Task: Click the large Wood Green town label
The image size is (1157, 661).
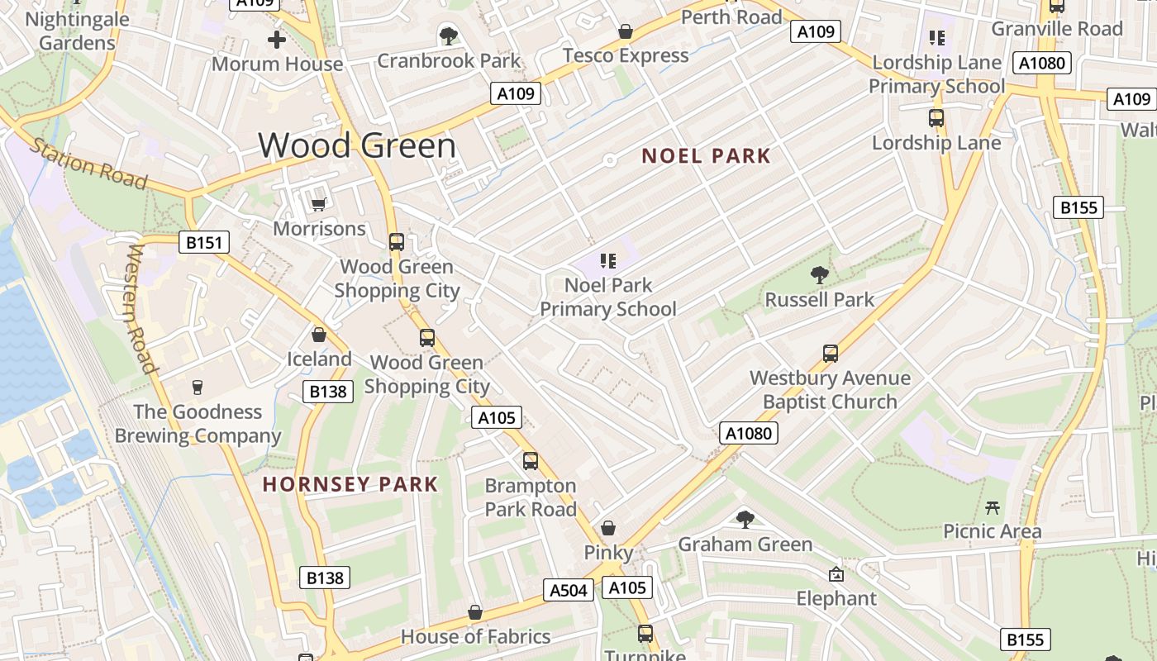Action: coord(357,145)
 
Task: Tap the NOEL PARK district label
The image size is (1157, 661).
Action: coord(706,156)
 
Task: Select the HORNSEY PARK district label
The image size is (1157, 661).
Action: coord(350,484)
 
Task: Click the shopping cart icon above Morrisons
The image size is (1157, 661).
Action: coord(318,203)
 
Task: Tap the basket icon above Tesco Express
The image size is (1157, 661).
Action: coord(626,31)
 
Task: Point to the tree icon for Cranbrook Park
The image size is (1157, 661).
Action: coord(449,36)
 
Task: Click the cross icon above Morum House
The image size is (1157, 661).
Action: coord(277,40)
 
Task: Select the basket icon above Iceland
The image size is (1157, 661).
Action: coord(319,335)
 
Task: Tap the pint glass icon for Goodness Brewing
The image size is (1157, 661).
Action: coord(197,387)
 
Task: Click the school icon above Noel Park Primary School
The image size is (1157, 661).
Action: coord(608,261)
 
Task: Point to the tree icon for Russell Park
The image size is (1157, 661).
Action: coord(819,274)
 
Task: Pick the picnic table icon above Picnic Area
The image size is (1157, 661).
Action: coord(993,506)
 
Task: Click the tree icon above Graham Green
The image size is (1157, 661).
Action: coord(745,519)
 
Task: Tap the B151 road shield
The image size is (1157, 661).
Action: coord(204,242)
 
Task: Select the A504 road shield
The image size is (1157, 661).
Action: coord(569,589)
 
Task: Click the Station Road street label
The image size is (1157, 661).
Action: coord(88,164)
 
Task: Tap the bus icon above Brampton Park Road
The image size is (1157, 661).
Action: coord(531,460)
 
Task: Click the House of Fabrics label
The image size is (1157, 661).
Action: coord(475,636)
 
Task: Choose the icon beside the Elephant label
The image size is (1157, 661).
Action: coord(836,574)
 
